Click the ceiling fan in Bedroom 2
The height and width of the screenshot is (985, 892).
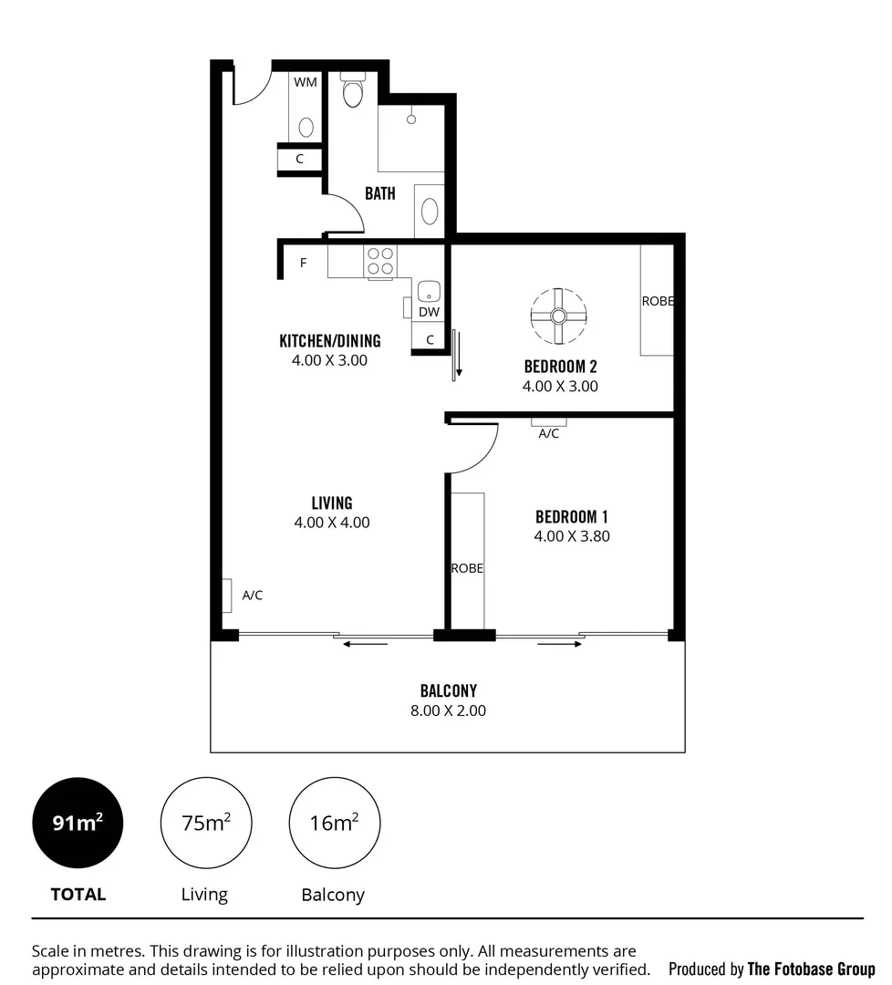[558, 316]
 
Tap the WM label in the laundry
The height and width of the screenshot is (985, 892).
[306, 82]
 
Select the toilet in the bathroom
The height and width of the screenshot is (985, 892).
[352, 90]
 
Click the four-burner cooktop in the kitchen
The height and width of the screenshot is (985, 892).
[380, 261]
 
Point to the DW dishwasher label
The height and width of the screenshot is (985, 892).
[429, 312]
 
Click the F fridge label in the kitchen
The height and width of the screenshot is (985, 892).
[303, 264]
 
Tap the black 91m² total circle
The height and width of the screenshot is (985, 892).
[78, 823]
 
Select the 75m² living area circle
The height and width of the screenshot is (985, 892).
[205, 823]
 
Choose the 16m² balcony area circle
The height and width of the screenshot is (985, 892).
[334, 823]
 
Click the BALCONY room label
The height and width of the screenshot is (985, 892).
[448, 690]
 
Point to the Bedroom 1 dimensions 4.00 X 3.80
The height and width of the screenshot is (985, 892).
[572, 536]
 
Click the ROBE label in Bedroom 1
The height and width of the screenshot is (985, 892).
[467, 568]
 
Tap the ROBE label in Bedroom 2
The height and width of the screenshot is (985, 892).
[657, 301]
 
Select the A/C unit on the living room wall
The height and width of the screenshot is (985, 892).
[225, 596]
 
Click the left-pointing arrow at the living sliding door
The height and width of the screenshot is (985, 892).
[366, 645]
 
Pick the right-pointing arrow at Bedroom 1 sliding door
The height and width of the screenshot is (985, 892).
[560, 645]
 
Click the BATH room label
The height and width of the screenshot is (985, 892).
[380, 193]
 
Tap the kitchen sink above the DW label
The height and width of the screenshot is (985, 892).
[429, 292]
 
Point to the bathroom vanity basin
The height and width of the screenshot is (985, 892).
[429, 212]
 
